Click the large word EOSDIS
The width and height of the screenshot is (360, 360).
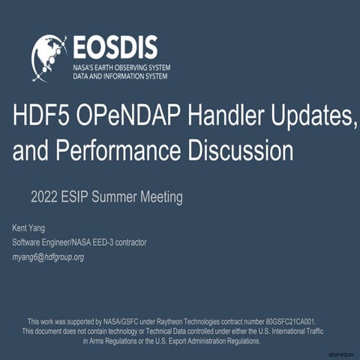tap(115, 47)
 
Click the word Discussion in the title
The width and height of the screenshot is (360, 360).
tap(241, 151)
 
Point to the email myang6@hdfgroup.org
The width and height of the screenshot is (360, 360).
tap(48, 256)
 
